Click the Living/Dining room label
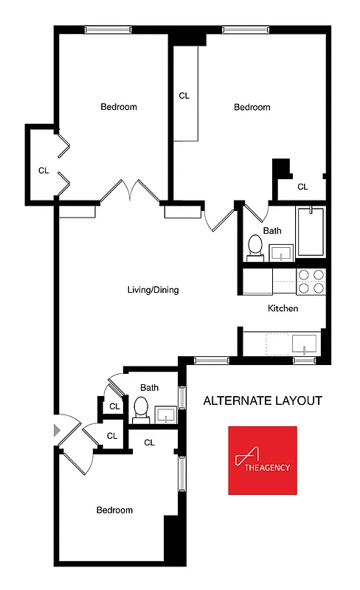[x=153, y=290]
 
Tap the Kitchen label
[x=283, y=308]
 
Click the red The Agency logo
[x=263, y=460]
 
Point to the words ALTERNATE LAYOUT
[x=263, y=401]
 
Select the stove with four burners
[x=311, y=282]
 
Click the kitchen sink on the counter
[x=304, y=344]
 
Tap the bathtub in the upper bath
[x=311, y=232]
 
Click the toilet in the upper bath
[x=255, y=246]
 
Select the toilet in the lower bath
[x=141, y=409]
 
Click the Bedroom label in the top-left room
[x=119, y=107]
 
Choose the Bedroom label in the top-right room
[x=252, y=107]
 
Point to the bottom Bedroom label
[x=114, y=510]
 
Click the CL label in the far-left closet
[x=44, y=170]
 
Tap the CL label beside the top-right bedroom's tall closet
[x=184, y=95]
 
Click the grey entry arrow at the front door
[x=56, y=430]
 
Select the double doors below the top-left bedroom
[x=131, y=191]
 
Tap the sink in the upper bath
[x=280, y=254]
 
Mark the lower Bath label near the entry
[x=150, y=387]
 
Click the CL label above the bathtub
[x=302, y=187]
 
